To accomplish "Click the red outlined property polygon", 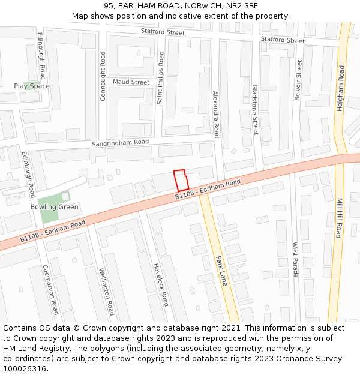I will [181, 181].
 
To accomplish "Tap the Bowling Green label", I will [55, 207].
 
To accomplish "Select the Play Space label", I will [32, 86].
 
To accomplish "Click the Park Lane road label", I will [221, 271].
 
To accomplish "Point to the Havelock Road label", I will [160, 284].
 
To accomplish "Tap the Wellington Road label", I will [107, 292].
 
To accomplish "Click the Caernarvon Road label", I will [51, 289].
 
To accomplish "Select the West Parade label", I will [295, 259].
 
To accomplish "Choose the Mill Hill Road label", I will [339, 218].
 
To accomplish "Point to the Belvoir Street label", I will [298, 80].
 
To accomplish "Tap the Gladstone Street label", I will [255, 109].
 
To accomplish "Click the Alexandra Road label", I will [216, 115].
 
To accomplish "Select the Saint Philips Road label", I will [161, 78].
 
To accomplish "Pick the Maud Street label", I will [131, 82].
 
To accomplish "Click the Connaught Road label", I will [103, 76].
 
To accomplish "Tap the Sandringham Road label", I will [120, 143].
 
